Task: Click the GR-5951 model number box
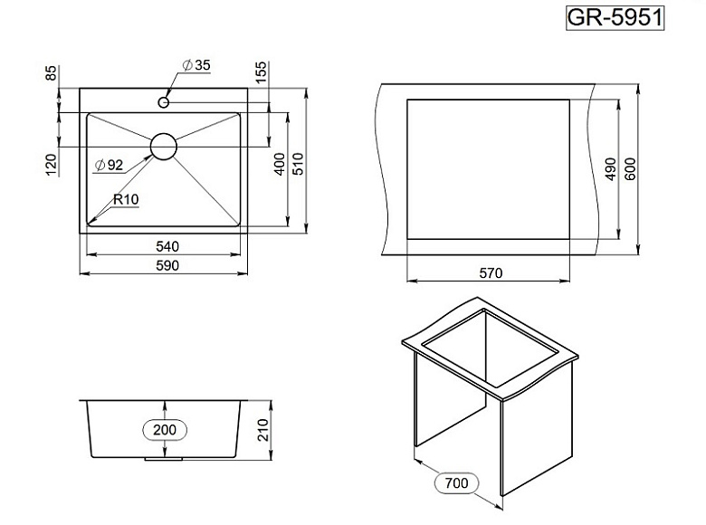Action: [615, 18]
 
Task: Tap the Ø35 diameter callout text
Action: [196, 65]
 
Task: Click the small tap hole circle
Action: [164, 102]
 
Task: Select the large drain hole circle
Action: [164, 147]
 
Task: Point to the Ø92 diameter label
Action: [109, 166]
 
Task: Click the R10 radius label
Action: [126, 199]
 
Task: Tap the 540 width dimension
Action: [167, 246]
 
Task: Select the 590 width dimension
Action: [167, 265]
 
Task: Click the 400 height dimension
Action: [280, 165]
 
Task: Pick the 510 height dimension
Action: [298, 165]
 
